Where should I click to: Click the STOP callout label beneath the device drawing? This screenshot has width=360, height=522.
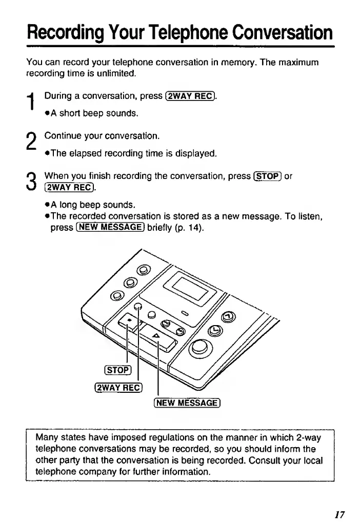point(118,371)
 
